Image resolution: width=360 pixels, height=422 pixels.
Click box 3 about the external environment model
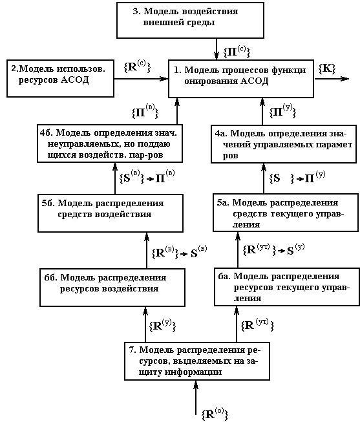coord(190,20)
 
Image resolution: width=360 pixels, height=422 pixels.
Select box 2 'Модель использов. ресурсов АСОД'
coord(60,78)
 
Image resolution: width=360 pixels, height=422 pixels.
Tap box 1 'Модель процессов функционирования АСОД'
coord(241,79)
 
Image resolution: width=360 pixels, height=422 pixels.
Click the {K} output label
coord(327,69)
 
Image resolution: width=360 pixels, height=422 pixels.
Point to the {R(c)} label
coord(137,66)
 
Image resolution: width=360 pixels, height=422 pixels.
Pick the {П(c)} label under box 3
coord(237,52)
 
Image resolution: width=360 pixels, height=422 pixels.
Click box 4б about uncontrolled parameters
coord(110,143)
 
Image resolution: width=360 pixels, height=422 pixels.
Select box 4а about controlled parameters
coord(284,144)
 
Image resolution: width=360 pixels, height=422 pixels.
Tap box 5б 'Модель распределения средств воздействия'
coord(111,213)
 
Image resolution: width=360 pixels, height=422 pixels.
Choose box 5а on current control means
coord(286,213)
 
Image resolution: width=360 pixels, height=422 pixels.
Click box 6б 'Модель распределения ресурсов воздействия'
coord(112,288)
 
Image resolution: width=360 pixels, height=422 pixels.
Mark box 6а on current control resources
coord(287,287)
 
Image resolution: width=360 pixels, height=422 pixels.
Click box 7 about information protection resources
coord(197,361)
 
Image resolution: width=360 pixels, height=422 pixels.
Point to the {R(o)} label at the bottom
coord(215,414)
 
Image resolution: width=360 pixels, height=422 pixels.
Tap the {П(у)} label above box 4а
coord(282,111)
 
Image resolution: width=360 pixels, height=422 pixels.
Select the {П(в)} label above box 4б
coord(145,112)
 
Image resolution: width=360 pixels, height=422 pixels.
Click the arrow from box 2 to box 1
coord(141,79)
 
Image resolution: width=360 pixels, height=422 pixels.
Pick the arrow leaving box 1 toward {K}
coord(332,79)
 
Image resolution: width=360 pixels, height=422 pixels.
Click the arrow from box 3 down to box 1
coord(217,49)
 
